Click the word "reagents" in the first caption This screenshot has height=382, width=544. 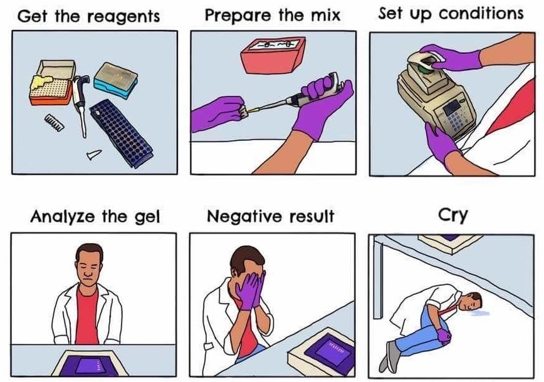(x=125, y=17)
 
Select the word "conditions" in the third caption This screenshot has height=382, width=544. (x=481, y=14)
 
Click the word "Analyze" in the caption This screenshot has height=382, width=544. (x=62, y=217)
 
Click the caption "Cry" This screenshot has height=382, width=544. (x=452, y=215)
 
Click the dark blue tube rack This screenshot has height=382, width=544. (x=121, y=133)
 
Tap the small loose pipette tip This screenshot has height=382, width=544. (x=94, y=154)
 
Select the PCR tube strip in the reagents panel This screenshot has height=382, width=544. (x=54, y=123)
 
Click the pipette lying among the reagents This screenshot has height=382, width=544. (x=81, y=104)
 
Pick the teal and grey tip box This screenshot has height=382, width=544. (x=116, y=80)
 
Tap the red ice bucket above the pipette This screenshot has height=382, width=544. (x=273, y=54)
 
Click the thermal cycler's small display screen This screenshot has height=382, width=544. (x=451, y=108)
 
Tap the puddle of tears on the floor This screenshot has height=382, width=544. (x=478, y=313)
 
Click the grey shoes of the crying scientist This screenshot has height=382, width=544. (x=389, y=355)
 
